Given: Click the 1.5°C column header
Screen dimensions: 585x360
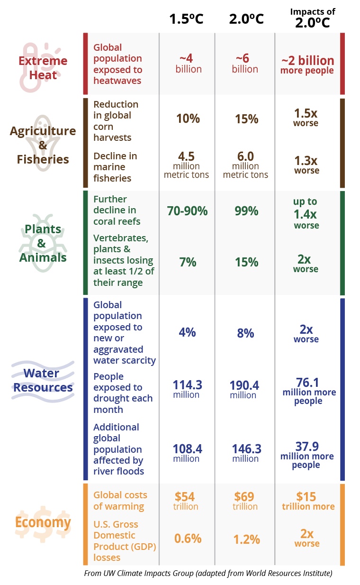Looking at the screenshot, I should tap(187, 19).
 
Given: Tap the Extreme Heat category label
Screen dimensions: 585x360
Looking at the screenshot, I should tap(43, 68).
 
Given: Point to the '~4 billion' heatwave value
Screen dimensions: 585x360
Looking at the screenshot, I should tap(189, 64).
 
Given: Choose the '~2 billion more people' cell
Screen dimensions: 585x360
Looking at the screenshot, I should tap(307, 65).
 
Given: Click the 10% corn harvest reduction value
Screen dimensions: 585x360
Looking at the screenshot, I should tap(188, 119).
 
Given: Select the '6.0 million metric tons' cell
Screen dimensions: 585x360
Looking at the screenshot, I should tap(246, 165).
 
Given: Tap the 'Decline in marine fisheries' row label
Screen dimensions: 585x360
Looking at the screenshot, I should tap(115, 167).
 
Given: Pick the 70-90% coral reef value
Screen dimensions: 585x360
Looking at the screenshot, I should tap(187, 211).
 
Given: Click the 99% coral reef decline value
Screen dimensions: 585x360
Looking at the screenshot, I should tap(246, 211).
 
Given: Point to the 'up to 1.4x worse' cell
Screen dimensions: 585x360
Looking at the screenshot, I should tap(306, 213).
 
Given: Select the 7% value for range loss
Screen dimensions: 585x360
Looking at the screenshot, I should tap(188, 262).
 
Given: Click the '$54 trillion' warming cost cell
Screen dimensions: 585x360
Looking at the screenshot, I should tap(186, 501).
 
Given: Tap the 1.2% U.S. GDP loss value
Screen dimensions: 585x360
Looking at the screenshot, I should tap(246, 539).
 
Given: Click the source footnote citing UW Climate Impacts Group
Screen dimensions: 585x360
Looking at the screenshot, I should tap(208, 574).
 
